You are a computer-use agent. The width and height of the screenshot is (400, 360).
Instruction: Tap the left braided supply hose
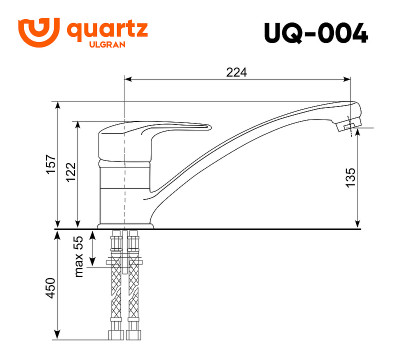click(x=111, y=285)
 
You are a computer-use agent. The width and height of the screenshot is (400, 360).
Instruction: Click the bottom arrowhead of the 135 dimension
click(x=361, y=225)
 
